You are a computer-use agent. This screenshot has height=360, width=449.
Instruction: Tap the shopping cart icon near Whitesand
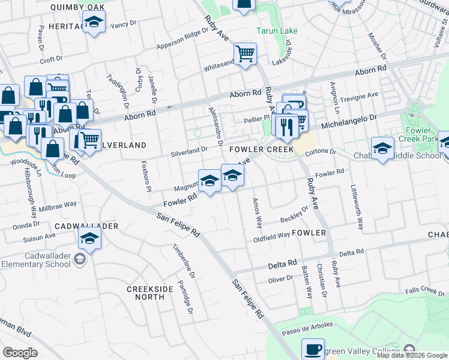pyautogui.click(x=245, y=55)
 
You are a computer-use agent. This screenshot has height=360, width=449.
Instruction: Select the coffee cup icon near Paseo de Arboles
pyautogui.click(x=312, y=350)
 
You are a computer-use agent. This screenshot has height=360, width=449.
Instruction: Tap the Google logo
pyautogui.click(x=20, y=352)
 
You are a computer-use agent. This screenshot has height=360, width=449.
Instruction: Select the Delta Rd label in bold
pyautogui.click(x=283, y=264)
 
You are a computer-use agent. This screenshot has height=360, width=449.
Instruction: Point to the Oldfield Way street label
pyautogui.click(x=272, y=235)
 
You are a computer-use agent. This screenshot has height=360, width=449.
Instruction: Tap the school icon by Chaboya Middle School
pyautogui.click(x=382, y=148)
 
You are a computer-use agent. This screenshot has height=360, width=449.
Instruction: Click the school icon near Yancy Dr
pyautogui.click(x=93, y=24)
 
